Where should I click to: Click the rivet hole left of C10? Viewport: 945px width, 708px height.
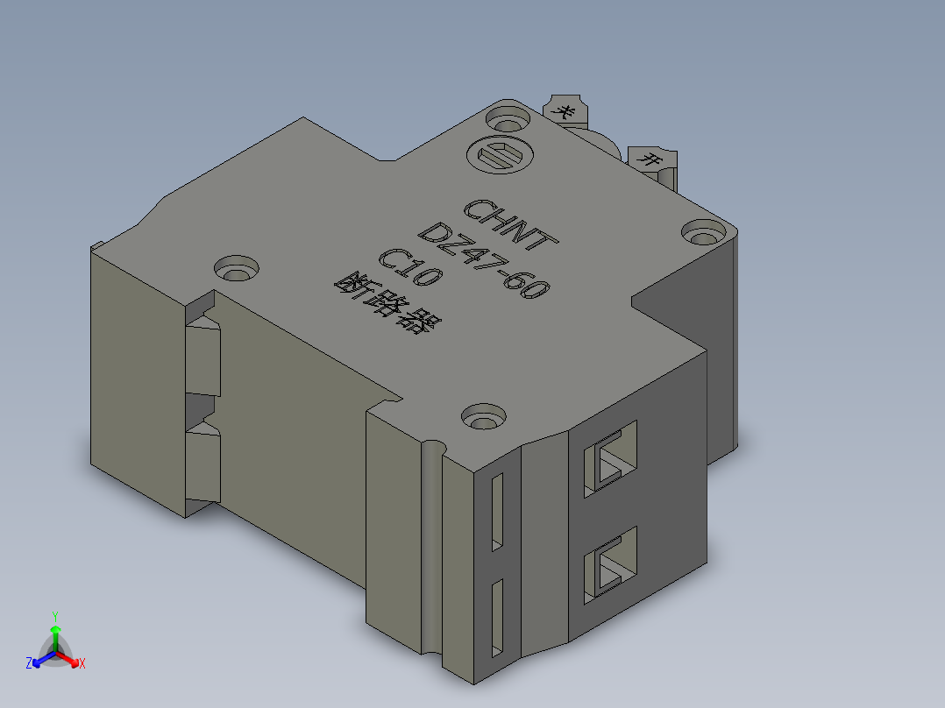[237, 268]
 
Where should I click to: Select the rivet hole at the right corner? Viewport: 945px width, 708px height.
[703, 234]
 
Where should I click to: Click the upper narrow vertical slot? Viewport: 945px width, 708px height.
[497, 513]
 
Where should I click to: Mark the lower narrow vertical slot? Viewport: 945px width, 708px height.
[497, 618]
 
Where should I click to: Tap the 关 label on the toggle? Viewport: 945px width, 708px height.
[566, 111]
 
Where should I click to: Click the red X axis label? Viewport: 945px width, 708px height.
[82, 663]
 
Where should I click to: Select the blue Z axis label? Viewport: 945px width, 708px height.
[29, 663]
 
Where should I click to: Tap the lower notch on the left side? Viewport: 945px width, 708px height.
[202, 464]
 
